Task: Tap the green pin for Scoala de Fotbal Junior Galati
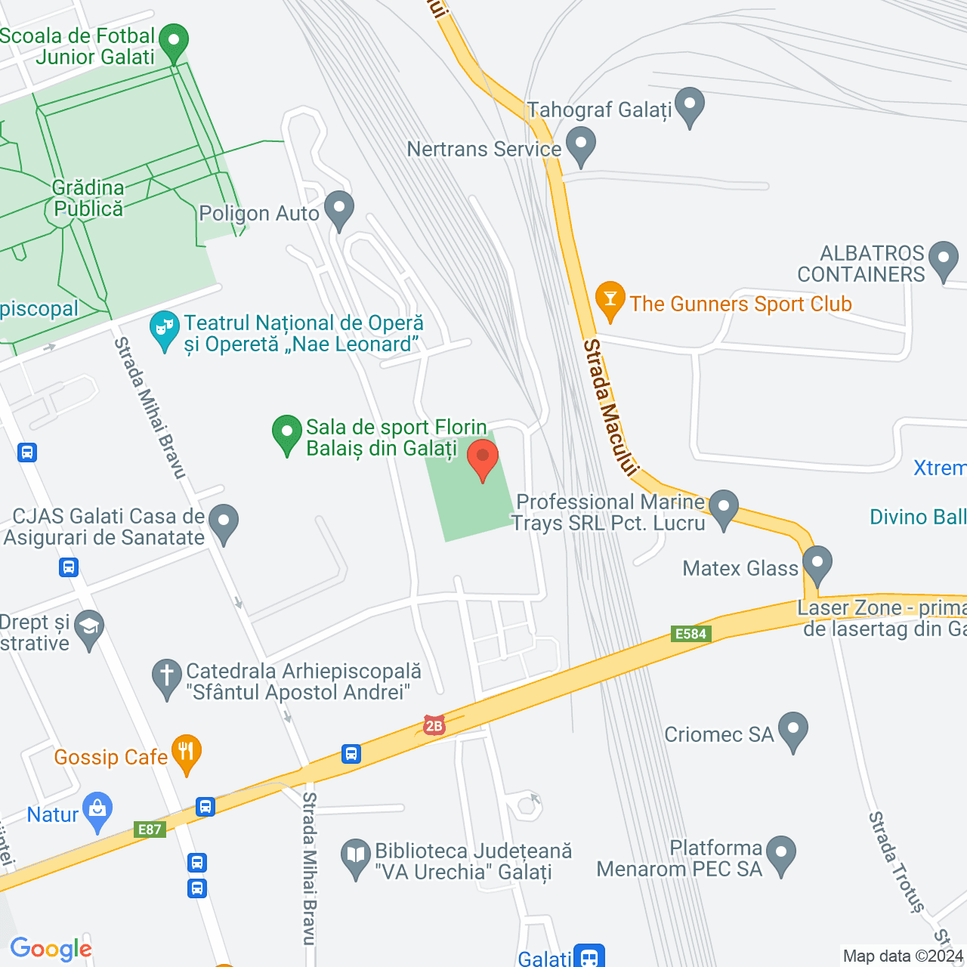pyautogui.click(x=175, y=42)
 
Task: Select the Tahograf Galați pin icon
pyautogui.click(x=689, y=106)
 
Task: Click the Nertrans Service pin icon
pyautogui.click(x=580, y=144)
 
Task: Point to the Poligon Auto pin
pyautogui.click(x=339, y=209)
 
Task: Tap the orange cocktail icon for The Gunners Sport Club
pyautogui.click(x=610, y=299)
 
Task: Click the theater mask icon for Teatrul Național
pyautogui.click(x=164, y=330)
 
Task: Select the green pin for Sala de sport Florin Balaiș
pyautogui.click(x=287, y=434)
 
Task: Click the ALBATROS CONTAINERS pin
pyautogui.click(x=943, y=259)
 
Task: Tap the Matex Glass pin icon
pyautogui.click(x=817, y=564)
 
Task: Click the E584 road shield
pyautogui.click(x=690, y=634)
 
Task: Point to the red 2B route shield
pyautogui.click(x=434, y=726)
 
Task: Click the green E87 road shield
pyautogui.click(x=150, y=830)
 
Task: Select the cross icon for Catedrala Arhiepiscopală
pyautogui.click(x=166, y=678)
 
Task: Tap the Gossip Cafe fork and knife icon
pyautogui.click(x=186, y=752)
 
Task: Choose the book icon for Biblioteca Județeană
pyautogui.click(x=355, y=857)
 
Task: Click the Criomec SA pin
pyautogui.click(x=792, y=731)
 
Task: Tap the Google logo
pyautogui.click(x=51, y=949)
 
